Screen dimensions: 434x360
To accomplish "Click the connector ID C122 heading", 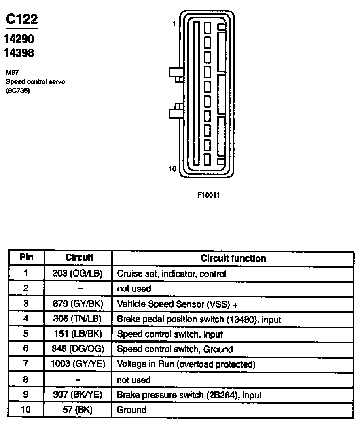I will coord(22,19).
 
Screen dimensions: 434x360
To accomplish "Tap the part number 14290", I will coord(19,39).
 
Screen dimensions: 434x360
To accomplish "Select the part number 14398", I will coord(19,53).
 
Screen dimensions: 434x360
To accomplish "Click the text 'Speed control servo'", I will coord(36,82).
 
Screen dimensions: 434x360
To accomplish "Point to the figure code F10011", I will coord(208,195).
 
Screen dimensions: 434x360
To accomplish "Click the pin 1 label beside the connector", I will coord(174,24).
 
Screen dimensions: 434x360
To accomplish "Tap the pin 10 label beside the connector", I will coord(173,169).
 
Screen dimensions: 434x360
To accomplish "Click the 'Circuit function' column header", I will coord(233,258).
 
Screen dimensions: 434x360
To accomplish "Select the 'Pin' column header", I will coord(26,257).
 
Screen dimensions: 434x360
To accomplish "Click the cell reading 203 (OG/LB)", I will coord(78,274).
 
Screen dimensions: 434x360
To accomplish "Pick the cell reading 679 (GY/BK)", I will coord(78,304).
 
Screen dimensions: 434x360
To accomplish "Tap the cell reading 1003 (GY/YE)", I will coord(78,364).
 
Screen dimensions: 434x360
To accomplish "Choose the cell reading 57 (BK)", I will coord(78,410).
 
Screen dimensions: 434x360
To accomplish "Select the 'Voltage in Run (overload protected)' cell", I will coord(186,364).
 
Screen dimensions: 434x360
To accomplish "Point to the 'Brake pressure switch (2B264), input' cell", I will coord(189,395).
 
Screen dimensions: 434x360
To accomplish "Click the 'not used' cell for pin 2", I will coord(134,289).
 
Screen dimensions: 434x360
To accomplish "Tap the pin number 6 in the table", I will coord(26,349).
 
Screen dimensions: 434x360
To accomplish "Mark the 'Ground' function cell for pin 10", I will coord(131,410).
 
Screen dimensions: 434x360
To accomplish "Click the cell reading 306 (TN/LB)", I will coord(78,319).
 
